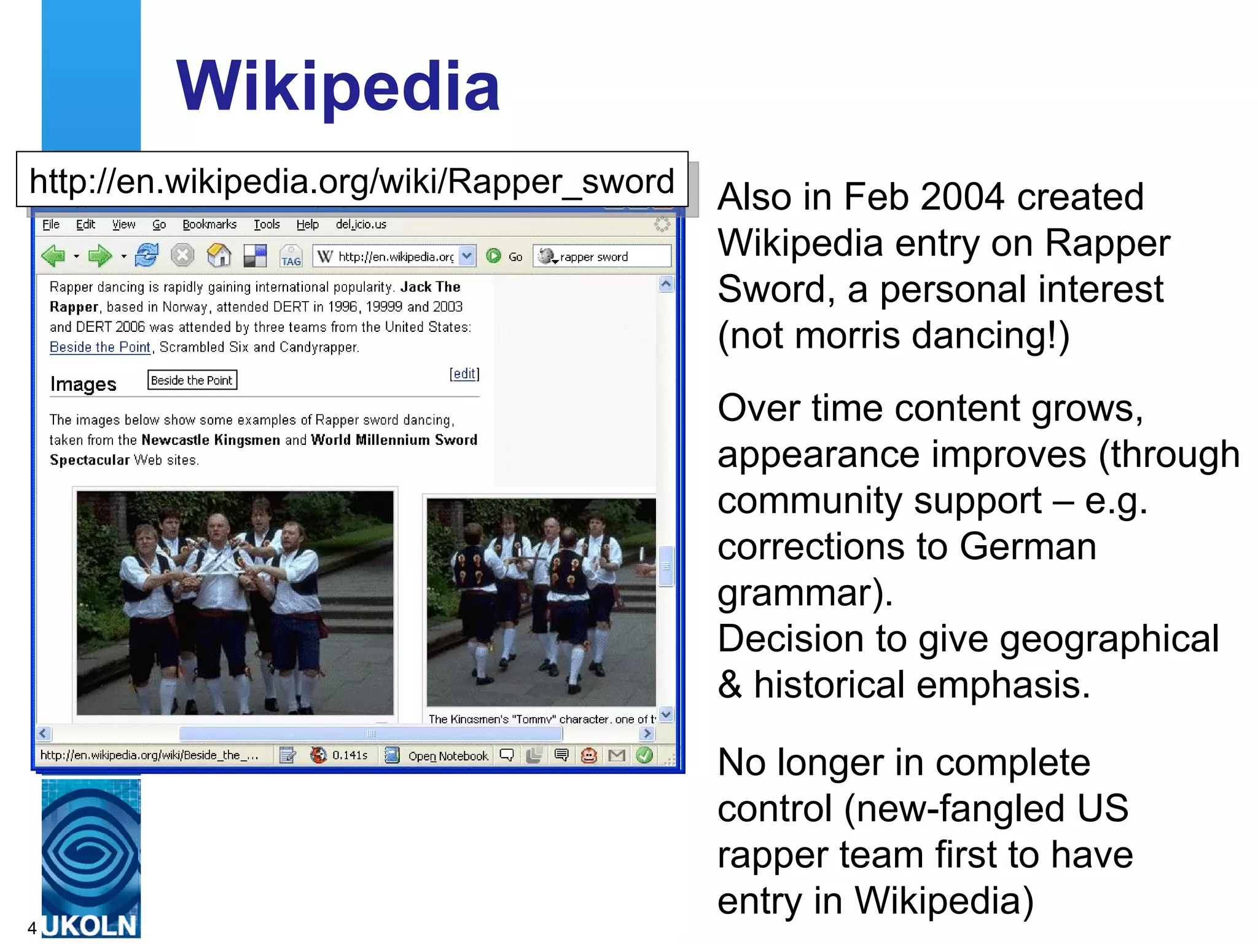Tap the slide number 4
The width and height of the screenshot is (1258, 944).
point(32,927)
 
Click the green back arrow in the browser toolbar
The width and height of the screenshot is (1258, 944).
point(54,256)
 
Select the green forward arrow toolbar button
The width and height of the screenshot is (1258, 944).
point(100,256)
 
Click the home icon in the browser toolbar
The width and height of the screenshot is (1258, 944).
point(219,255)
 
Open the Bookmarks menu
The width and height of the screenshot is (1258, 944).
point(209,224)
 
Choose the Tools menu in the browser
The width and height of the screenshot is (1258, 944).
point(267,224)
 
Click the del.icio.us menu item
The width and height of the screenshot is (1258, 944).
point(361,224)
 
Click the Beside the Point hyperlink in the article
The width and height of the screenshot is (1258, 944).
point(100,347)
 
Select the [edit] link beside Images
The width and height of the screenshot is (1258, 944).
point(464,374)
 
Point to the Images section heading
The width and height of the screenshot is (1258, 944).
point(84,384)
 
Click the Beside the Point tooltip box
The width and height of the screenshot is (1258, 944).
point(192,380)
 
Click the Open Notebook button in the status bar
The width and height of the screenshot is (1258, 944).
point(447,755)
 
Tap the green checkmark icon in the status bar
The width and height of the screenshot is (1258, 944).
point(644,755)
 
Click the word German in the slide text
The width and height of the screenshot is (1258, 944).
point(1028,546)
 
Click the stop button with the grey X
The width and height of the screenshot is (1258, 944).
point(182,255)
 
